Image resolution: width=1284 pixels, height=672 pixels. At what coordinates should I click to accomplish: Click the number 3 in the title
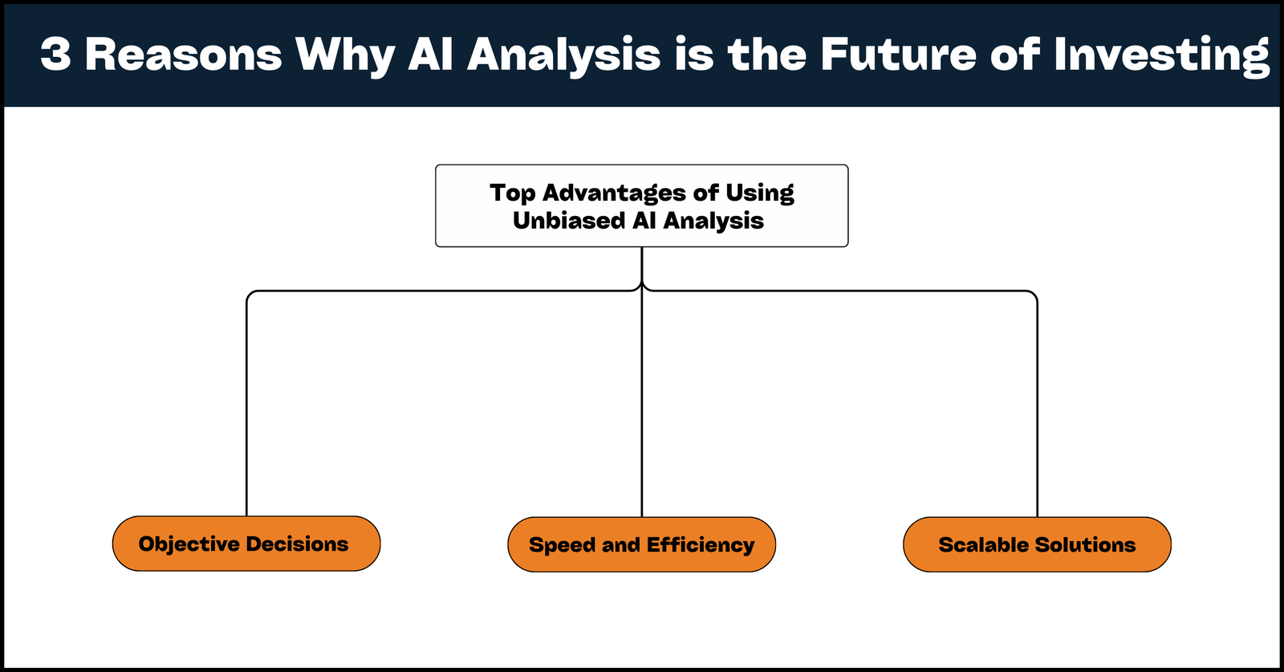(x=55, y=55)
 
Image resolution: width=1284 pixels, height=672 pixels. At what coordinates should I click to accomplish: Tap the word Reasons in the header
(x=184, y=55)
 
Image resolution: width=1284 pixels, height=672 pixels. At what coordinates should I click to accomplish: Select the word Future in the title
(x=898, y=55)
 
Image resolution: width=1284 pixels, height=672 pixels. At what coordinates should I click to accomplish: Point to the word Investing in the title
(x=1161, y=55)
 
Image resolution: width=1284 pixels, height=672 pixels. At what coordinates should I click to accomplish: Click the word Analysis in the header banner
(x=563, y=55)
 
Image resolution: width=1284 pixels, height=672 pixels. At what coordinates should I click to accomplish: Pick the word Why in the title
(x=345, y=55)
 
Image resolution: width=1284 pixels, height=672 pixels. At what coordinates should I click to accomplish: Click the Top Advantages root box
(x=641, y=206)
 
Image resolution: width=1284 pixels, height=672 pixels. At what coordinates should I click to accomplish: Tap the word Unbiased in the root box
(x=568, y=221)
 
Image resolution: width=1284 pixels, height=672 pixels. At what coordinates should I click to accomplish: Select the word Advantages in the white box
(x=614, y=193)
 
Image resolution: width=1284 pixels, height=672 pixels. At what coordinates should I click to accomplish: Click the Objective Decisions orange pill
(x=246, y=544)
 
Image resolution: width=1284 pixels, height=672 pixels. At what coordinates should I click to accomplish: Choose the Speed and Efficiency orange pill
(x=641, y=544)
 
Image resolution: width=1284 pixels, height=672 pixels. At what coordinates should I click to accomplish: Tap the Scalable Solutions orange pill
(x=1037, y=544)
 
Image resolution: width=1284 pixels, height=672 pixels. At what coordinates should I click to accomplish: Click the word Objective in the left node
(x=189, y=544)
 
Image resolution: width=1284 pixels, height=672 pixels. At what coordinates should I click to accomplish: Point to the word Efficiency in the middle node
(x=701, y=545)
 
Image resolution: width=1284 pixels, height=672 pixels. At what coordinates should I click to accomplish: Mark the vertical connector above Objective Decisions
(x=246, y=401)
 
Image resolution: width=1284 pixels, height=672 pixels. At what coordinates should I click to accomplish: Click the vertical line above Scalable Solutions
(x=1038, y=401)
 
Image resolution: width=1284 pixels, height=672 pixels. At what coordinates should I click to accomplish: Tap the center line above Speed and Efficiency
(x=642, y=401)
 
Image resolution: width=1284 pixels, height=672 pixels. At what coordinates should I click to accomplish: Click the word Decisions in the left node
(x=297, y=544)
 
